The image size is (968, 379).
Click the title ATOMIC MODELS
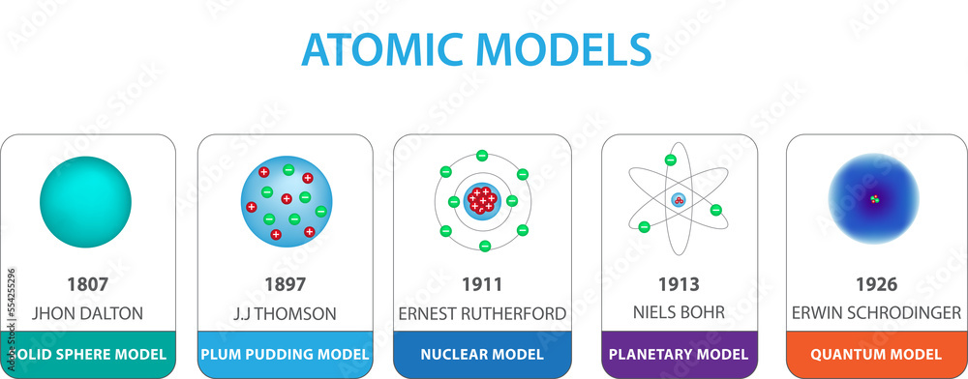pos(475,49)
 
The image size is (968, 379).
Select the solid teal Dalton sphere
pos(85,202)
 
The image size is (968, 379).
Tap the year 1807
pos(87,285)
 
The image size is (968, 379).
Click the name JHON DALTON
pos(87,313)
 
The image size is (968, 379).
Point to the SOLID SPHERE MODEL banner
pos(87,354)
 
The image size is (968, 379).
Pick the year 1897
pos(286,285)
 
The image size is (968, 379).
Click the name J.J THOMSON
pos(286,313)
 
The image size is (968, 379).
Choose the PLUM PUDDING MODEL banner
pos(286,354)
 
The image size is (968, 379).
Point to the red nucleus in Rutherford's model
pos(482,201)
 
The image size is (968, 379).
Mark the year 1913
pos(679,285)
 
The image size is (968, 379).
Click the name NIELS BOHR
pos(679,313)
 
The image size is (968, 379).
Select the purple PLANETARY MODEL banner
pos(679,354)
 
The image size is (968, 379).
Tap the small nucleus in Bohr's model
pos(679,200)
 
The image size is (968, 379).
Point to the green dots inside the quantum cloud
pos(874,200)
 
